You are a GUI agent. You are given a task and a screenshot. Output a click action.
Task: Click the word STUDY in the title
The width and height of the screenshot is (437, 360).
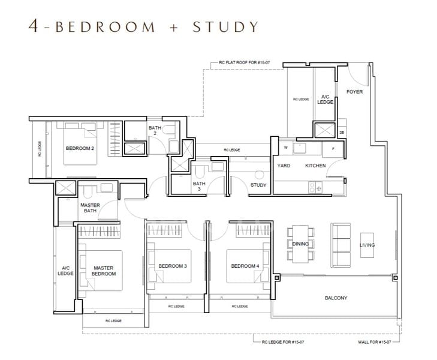point(225,26)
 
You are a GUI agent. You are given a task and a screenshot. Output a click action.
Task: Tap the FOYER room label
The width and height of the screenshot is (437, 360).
point(355,92)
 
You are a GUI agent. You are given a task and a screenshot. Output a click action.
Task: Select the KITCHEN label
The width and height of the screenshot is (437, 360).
point(315,165)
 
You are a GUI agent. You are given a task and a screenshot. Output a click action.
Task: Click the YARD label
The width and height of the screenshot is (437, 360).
point(284,165)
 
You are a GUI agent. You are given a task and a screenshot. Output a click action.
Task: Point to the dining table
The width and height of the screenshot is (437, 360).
point(300,244)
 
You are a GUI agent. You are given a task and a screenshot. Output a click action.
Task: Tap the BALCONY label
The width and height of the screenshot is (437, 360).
point(336,298)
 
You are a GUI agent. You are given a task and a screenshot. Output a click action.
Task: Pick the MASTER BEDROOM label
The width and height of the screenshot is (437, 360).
point(104,271)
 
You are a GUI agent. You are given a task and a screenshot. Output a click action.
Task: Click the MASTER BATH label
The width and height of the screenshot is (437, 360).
point(89,208)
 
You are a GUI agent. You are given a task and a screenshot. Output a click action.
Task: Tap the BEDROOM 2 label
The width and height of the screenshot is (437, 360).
point(80,148)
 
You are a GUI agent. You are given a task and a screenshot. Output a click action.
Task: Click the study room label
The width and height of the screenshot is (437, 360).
point(258,185)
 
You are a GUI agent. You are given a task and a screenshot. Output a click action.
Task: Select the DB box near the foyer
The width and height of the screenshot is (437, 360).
point(342,133)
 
